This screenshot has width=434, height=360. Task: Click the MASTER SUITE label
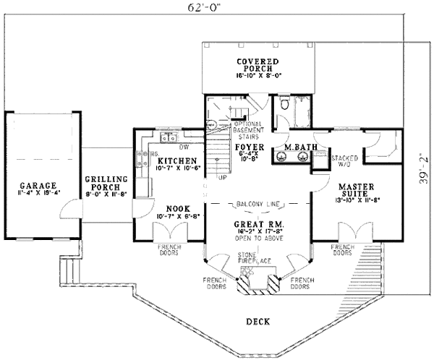point(354,189)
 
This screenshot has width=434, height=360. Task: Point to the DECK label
point(258,320)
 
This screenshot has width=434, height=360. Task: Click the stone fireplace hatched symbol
point(258,278)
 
